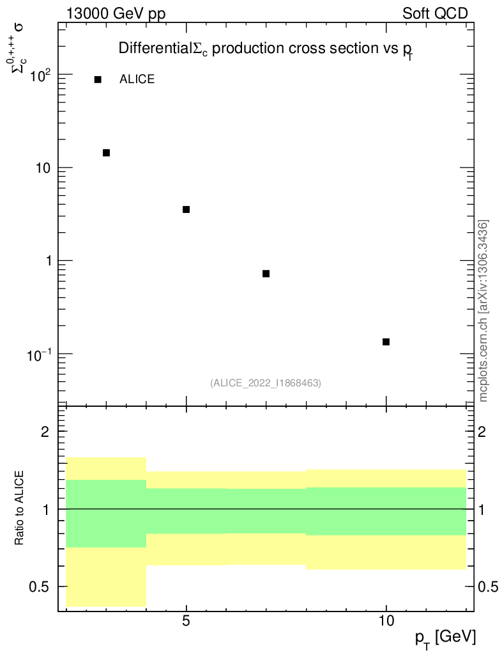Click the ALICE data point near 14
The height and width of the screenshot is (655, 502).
106,152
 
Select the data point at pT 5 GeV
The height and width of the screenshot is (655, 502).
186,209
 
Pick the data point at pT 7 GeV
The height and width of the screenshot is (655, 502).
266,273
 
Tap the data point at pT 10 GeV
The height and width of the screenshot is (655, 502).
386,342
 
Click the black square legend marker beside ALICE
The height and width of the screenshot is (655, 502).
98,79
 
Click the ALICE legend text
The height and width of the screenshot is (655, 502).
137,79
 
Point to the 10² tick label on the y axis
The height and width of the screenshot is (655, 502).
42,75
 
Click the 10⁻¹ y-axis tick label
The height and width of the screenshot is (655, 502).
42,354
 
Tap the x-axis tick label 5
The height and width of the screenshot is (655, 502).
186,621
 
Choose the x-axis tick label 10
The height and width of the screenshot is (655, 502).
386,621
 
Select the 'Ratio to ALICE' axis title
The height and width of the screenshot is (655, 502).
20,509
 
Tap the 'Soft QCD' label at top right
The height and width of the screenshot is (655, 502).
435,13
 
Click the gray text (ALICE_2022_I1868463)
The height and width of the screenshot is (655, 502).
266,383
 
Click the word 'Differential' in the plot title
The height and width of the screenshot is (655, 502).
155,49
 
